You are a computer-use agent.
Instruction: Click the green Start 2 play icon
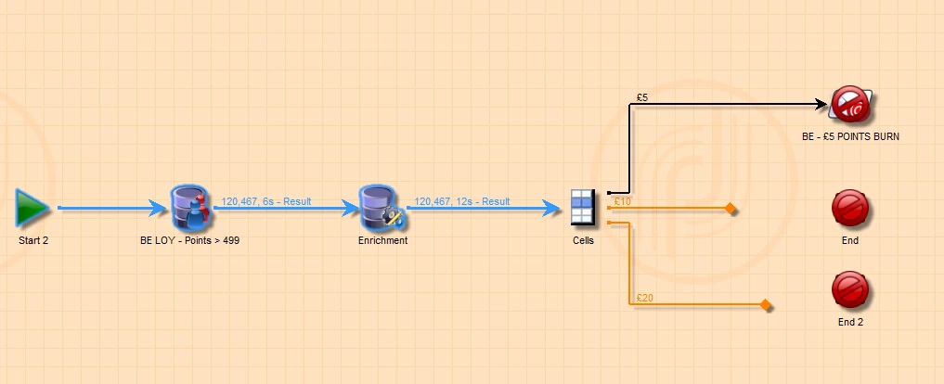[x=32, y=207]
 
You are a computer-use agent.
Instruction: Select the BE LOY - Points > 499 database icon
[x=191, y=207]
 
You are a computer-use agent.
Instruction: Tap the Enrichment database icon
[x=381, y=207]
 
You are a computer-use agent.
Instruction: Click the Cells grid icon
[x=582, y=206]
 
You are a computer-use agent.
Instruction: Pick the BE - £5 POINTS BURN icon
[x=850, y=104]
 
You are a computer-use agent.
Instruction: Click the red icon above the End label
[x=850, y=208]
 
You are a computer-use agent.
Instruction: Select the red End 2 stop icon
[x=850, y=289]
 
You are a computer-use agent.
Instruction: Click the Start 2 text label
[x=33, y=240]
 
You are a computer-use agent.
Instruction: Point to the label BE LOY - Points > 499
[x=190, y=240]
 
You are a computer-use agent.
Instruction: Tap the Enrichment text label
[x=382, y=240]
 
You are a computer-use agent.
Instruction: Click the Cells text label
[x=583, y=240]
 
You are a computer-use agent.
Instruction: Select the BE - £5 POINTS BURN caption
[x=850, y=136]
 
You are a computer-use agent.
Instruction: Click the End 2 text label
[x=850, y=322]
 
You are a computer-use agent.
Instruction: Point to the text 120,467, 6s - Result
[x=266, y=200]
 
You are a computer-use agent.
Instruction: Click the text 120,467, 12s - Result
[x=462, y=200]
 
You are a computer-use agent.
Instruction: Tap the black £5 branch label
[x=641, y=96]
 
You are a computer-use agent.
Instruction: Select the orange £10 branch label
[x=622, y=201]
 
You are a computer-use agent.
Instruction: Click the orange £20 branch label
[x=644, y=298]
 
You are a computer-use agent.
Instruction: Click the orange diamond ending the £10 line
[x=731, y=210]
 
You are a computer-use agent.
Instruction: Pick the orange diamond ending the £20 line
[x=766, y=304]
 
